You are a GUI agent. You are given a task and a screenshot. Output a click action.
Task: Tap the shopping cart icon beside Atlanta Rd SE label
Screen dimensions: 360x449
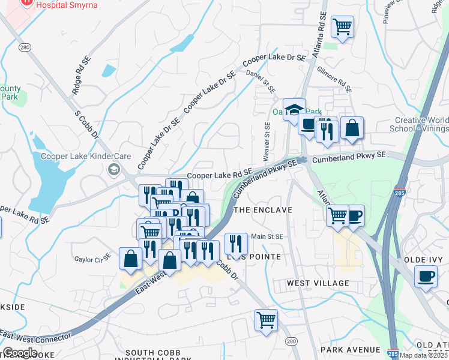click(x=342, y=26)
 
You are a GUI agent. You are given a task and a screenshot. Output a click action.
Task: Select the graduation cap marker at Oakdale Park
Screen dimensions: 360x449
click(x=295, y=109)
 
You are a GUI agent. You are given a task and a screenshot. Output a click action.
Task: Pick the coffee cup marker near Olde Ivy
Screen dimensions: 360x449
click(x=426, y=277)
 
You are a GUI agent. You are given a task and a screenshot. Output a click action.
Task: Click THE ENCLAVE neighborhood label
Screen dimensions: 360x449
click(x=262, y=210)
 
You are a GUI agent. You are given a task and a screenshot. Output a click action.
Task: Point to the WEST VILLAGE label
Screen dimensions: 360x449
click(x=318, y=283)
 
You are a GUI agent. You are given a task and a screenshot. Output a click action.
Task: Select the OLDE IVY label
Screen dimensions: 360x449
click(x=423, y=259)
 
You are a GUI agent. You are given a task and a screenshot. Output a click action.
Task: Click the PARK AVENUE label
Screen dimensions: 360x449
click(x=351, y=349)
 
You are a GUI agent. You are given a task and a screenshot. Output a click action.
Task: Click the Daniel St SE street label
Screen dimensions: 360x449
click(x=261, y=80)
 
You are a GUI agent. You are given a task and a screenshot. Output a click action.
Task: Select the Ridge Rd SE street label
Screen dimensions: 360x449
click(x=80, y=76)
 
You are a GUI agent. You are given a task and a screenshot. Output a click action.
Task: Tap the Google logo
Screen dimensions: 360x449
click(x=20, y=353)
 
